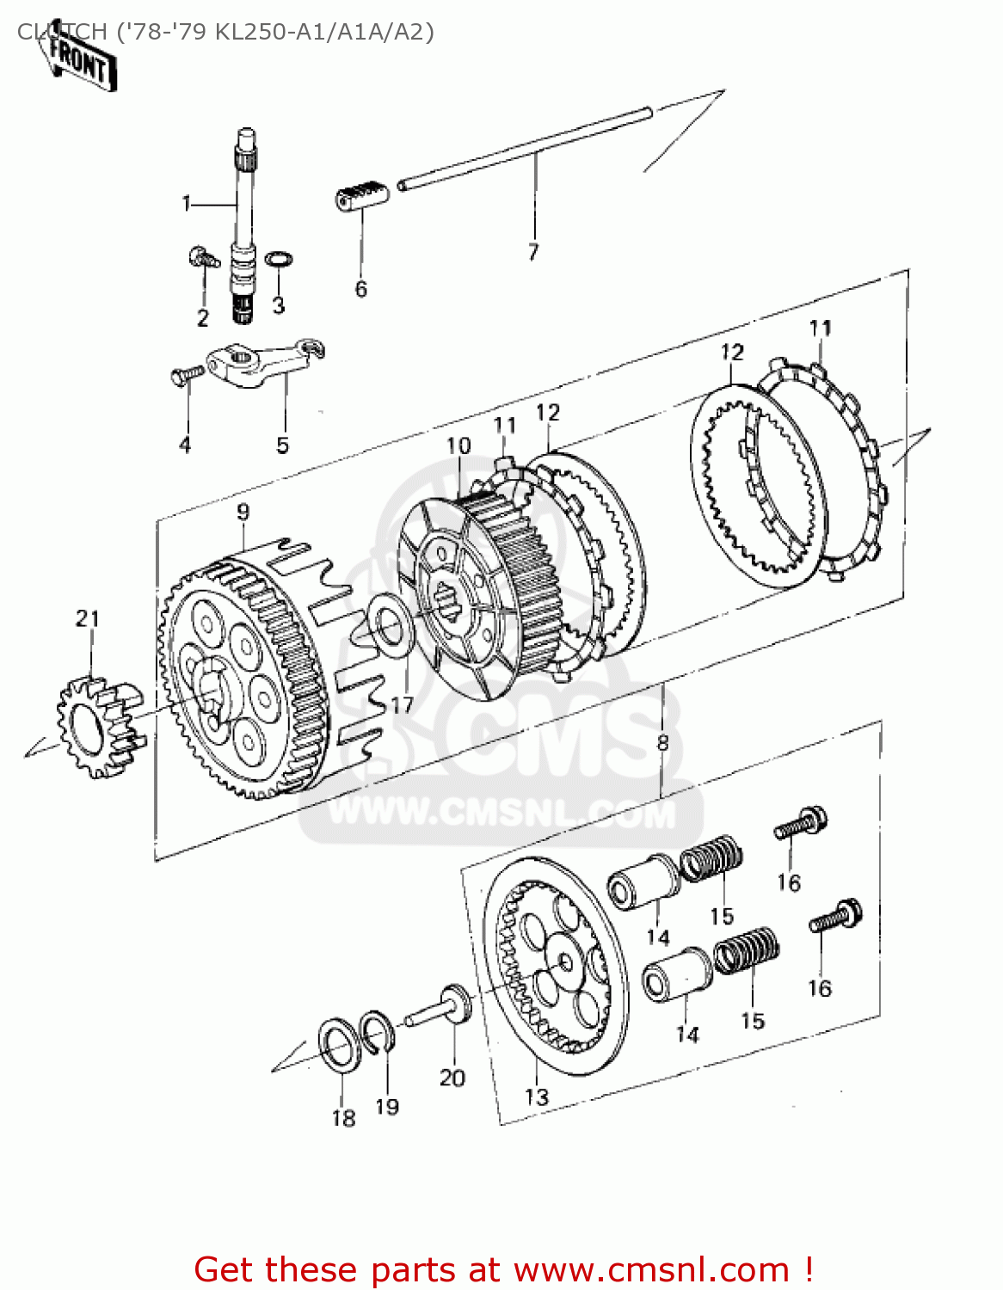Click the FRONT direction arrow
[x=78, y=62]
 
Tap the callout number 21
[x=88, y=618]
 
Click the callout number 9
[x=243, y=512]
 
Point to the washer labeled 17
[x=389, y=629]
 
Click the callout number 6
[x=361, y=289]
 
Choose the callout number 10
[x=458, y=445]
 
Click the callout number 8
[x=662, y=742]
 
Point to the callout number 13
[x=537, y=1097]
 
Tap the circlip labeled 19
[x=378, y=1029]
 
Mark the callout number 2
[x=203, y=317]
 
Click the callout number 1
[x=187, y=204]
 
